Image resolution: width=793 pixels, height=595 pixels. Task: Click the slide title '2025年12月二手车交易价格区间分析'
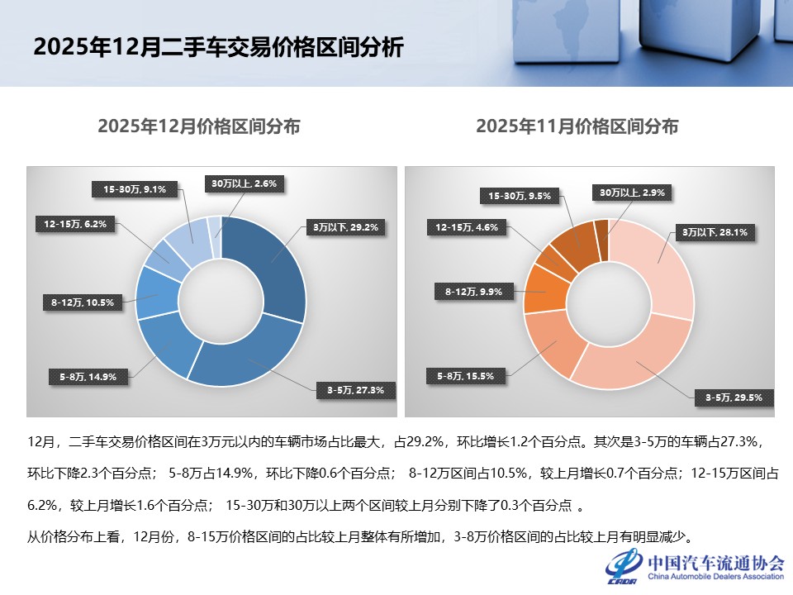pyautogui.click(x=218, y=48)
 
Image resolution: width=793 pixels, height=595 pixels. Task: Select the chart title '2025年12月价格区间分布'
pyautogui.click(x=198, y=126)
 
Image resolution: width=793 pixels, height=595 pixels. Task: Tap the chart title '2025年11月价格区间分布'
pyautogui.click(x=577, y=126)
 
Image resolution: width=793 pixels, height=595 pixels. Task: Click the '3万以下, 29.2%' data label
pyautogui.click(x=344, y=226)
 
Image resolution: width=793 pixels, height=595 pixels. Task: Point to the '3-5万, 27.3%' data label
pyautogui.click(x=349, y=390)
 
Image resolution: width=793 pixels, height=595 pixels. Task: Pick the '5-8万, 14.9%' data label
pyautogui.click(x=88, y=377)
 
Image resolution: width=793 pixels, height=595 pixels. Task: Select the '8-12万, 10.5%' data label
pyautogui.click(x=83, y=302)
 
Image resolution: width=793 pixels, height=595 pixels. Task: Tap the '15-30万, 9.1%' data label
pyautogui.click(x=135, y=189)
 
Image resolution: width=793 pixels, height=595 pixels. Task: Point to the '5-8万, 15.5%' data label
pyautogui.click(x=465, y=376)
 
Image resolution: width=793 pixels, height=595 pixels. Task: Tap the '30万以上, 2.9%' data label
pyautogui.click(x=632, y=192)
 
